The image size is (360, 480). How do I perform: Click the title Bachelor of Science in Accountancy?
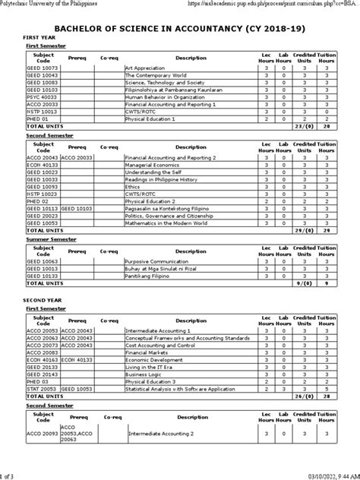(x=180, y=26)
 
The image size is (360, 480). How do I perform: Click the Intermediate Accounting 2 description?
(x=162, y=434)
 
